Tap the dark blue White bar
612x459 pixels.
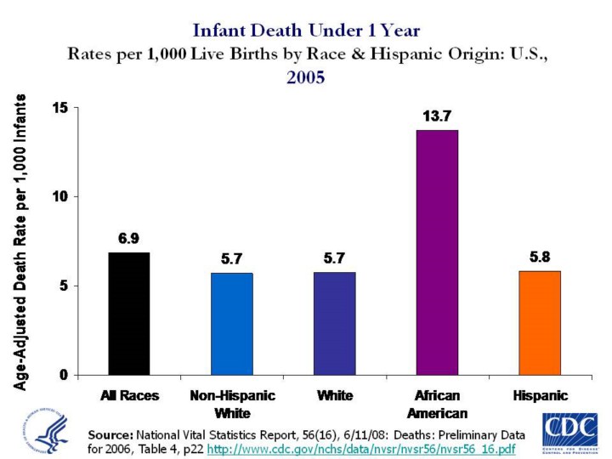pos(335,324)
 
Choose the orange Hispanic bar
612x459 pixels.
pos(540,323)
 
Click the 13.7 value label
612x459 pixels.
pos(437,115)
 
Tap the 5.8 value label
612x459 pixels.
pos(540,256)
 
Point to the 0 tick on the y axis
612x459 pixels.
pos(62,375)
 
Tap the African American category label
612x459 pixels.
pos(437,405)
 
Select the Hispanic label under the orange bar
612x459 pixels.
pos(540,396)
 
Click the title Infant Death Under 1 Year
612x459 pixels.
pos(306,31)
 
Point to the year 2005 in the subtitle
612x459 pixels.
pos(306,76)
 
